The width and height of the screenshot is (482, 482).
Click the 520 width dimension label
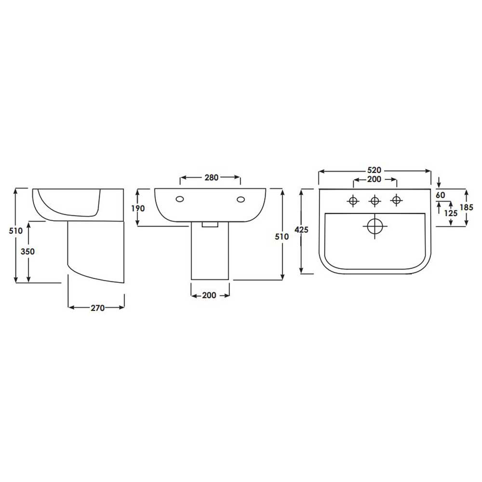(x=374, y=170)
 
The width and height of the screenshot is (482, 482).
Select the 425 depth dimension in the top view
(x=301, y=229)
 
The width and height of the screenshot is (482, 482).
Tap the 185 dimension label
(x=466, y=207)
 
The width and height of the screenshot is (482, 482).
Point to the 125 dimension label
(x=451, y=213)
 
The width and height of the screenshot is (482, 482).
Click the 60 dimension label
(x=440, y=195)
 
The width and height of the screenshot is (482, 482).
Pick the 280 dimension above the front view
(x=212, y=177)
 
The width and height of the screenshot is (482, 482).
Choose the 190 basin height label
(x=138, y=208)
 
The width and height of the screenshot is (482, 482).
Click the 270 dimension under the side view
(x=97, y=308)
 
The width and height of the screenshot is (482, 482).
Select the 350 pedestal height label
(x=27, y=252)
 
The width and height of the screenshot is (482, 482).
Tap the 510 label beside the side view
(x=16, y=230)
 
